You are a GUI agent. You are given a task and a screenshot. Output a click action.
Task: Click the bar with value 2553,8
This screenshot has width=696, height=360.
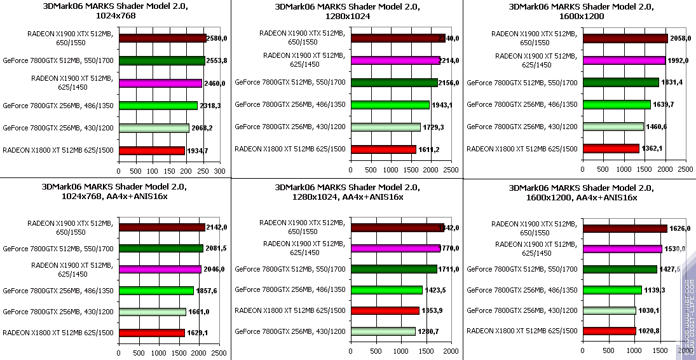161,61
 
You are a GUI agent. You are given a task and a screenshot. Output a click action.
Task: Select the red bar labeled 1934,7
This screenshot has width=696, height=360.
151,151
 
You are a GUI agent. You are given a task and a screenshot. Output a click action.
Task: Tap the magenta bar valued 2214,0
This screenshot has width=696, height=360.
395,60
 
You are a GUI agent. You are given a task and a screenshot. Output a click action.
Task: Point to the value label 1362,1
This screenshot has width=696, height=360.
652,149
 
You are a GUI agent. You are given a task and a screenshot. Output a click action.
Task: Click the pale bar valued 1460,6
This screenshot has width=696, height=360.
613,127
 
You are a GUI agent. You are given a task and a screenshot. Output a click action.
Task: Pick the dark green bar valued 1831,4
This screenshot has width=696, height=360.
620,82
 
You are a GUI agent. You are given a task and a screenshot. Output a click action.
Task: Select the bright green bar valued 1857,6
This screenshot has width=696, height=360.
156,291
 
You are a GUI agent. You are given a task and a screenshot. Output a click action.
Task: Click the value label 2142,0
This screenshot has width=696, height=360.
217,227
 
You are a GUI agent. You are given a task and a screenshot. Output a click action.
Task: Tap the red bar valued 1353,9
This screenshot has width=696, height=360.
385,310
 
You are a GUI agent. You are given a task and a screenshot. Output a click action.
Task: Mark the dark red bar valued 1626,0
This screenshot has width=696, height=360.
625,228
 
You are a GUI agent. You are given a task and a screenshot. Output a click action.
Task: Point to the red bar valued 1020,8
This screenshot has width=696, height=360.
609,331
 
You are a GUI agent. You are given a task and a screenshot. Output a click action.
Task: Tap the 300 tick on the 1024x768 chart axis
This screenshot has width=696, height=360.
219,171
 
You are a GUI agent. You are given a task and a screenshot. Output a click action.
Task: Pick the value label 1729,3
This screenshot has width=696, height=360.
434,127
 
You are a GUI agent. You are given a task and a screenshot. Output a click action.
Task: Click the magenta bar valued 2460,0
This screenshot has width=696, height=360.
160,83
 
